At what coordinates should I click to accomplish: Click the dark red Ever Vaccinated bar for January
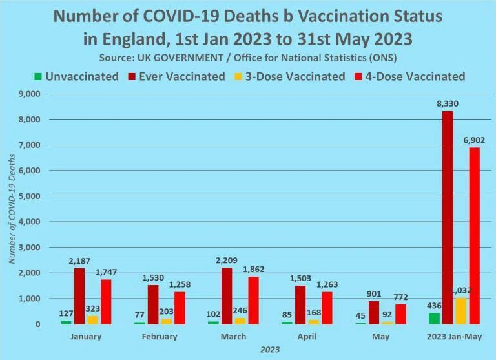[79, 296]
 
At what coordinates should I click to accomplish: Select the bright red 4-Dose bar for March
[253, 300]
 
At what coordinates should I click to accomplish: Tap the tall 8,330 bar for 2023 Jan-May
[448, 218]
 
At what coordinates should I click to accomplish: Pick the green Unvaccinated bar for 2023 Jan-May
[434, 319]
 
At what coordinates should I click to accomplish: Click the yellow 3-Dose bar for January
[93, 320]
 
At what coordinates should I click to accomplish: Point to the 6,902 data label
[474, 140]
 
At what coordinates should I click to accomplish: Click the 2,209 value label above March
[227, 260]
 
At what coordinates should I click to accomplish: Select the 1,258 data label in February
[180, 284]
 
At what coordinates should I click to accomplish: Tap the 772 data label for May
[400, 297]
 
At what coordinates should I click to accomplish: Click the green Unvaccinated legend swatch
[38, 77]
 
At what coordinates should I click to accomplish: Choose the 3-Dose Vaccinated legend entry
[289, 77]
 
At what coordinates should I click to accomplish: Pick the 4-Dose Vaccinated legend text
[415, 77]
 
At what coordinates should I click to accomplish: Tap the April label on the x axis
[307, 336]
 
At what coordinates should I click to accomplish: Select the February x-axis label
[160, 336]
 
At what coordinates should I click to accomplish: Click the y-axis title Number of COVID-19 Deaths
[12, 209]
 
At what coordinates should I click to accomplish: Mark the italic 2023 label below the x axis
[270, 350]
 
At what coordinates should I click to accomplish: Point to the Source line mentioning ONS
[248, 58]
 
